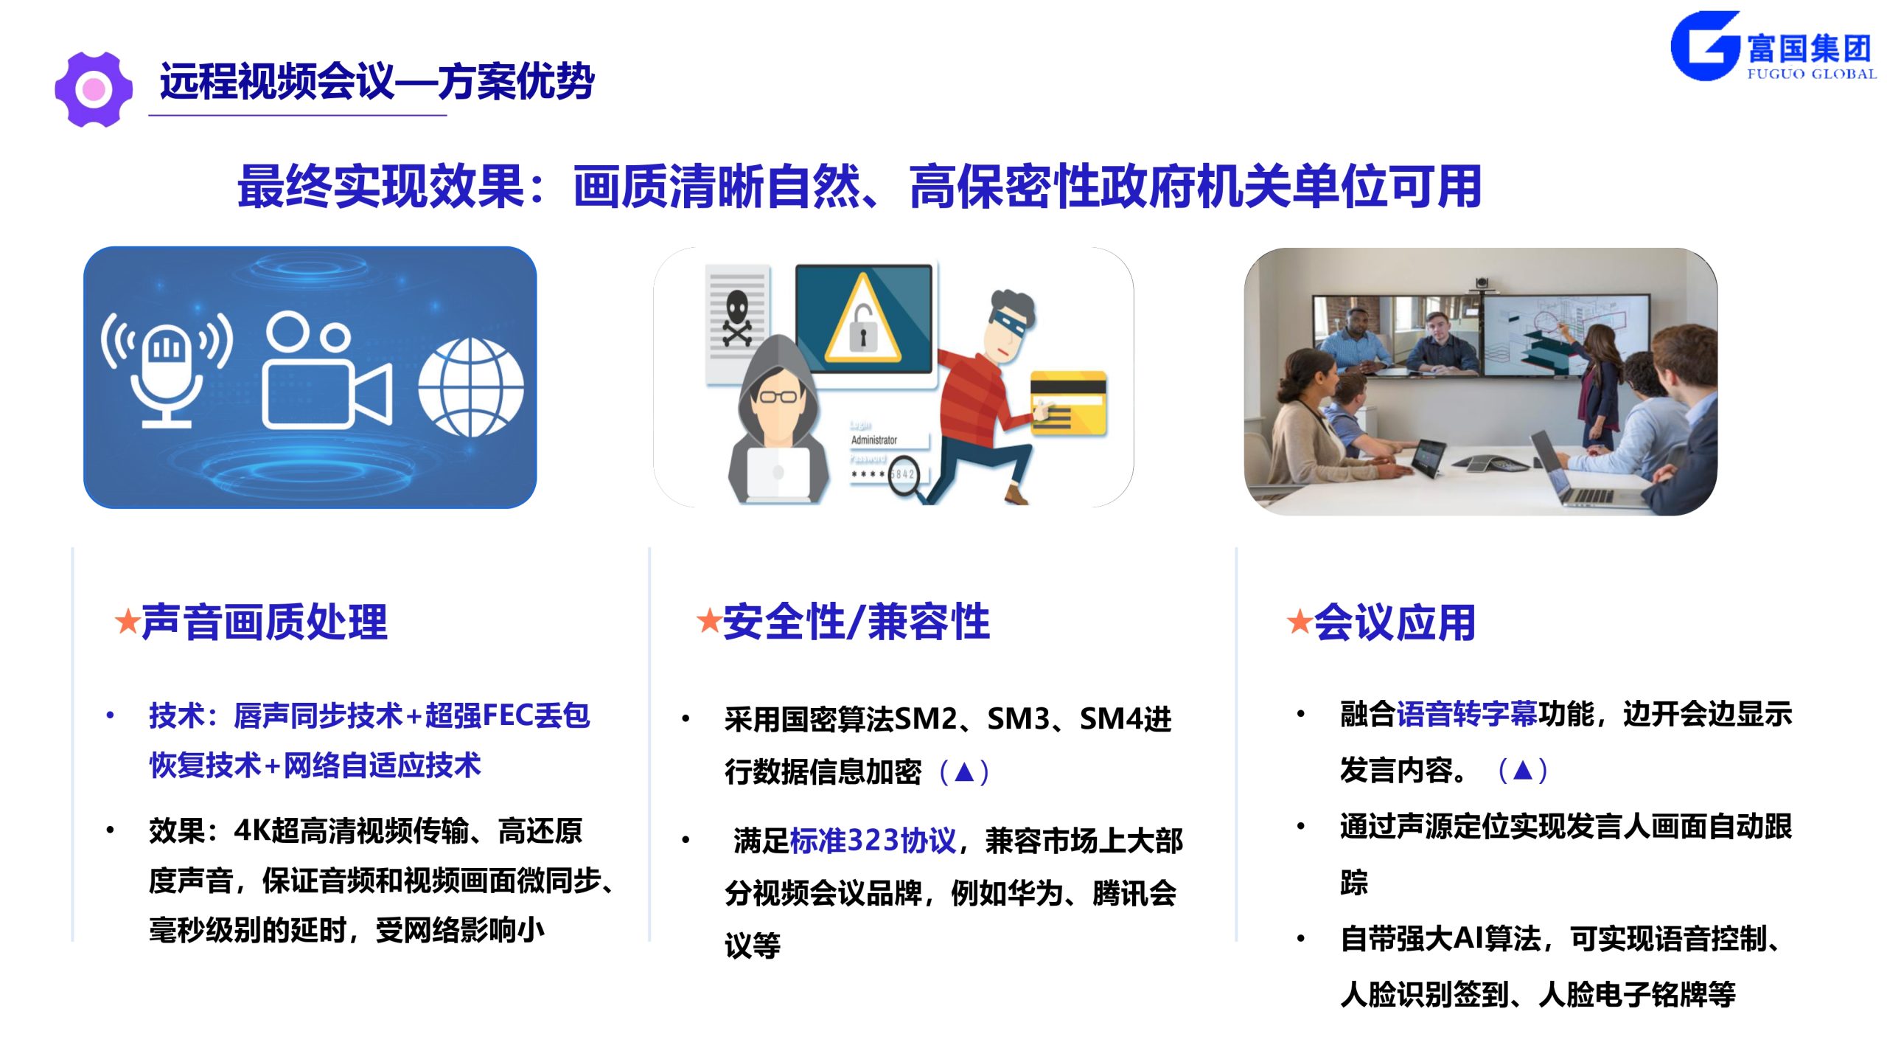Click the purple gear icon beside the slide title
click(94, 89)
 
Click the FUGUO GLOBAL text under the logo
click(1812, 74)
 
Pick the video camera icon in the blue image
click(327, 370)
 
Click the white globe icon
click(471, 388)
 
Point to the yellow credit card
click(1068, 403)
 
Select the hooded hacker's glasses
click(778, 397)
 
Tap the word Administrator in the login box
click(873, 440)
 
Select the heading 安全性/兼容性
click(857, 622)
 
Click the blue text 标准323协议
click(873, 841)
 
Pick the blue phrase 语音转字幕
click(1467, 714)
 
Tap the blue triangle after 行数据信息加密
click(964, 771)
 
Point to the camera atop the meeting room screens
click(1481, 283)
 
